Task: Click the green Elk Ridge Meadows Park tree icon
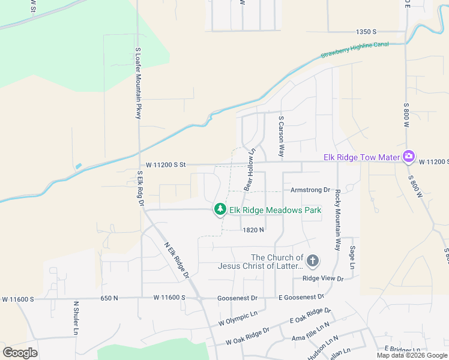click(220, 209)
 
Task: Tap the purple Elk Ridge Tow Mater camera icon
click(408, 157)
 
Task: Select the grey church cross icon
click(312, 261)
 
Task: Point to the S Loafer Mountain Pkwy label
click(138, 83)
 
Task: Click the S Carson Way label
click(280, 137)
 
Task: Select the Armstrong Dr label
click(310, 190)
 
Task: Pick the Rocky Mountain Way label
click(338, 220)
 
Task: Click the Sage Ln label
click(352, 257)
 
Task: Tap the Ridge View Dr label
click(323, 278)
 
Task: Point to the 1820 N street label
click(253, 230)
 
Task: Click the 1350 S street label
click(366, 31)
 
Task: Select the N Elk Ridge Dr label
click(177, 259)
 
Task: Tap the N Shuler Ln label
click(76, 317)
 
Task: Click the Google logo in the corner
click(20, 352)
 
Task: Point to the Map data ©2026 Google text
click(412, 355)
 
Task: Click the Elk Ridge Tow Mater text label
click(361, 157)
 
